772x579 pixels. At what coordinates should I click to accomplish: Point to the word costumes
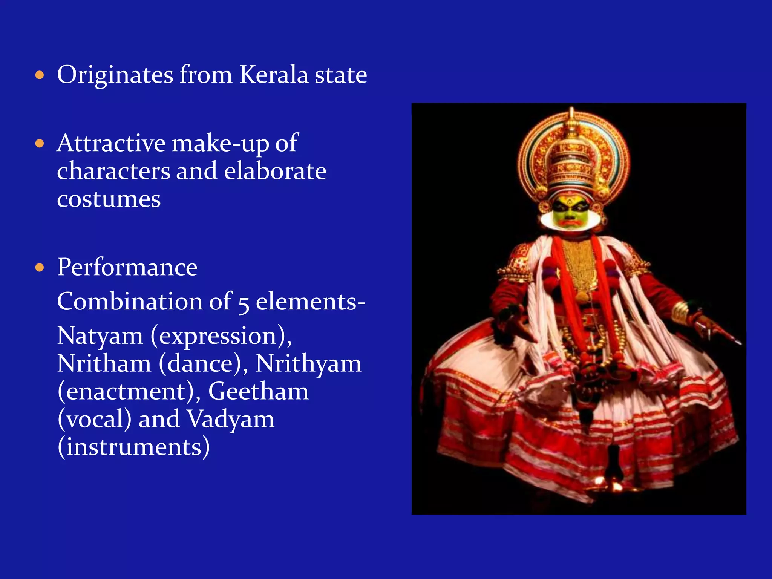click(x=109, y=199)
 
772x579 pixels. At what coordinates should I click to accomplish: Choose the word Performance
click(x=127, y=268)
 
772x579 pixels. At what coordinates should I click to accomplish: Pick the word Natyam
click(x=100, y=336)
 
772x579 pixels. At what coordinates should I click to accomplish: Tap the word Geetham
click(x=259, y=392)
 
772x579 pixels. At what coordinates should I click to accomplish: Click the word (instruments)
click(x=133, y=447)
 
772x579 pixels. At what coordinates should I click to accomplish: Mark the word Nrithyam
click(x=308, y=364)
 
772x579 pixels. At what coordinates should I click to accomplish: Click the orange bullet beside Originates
click(x=40, y=75)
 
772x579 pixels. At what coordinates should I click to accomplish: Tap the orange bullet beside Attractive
click(x=40, y=144)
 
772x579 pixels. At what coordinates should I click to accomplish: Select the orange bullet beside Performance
click(x=40, y=268)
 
